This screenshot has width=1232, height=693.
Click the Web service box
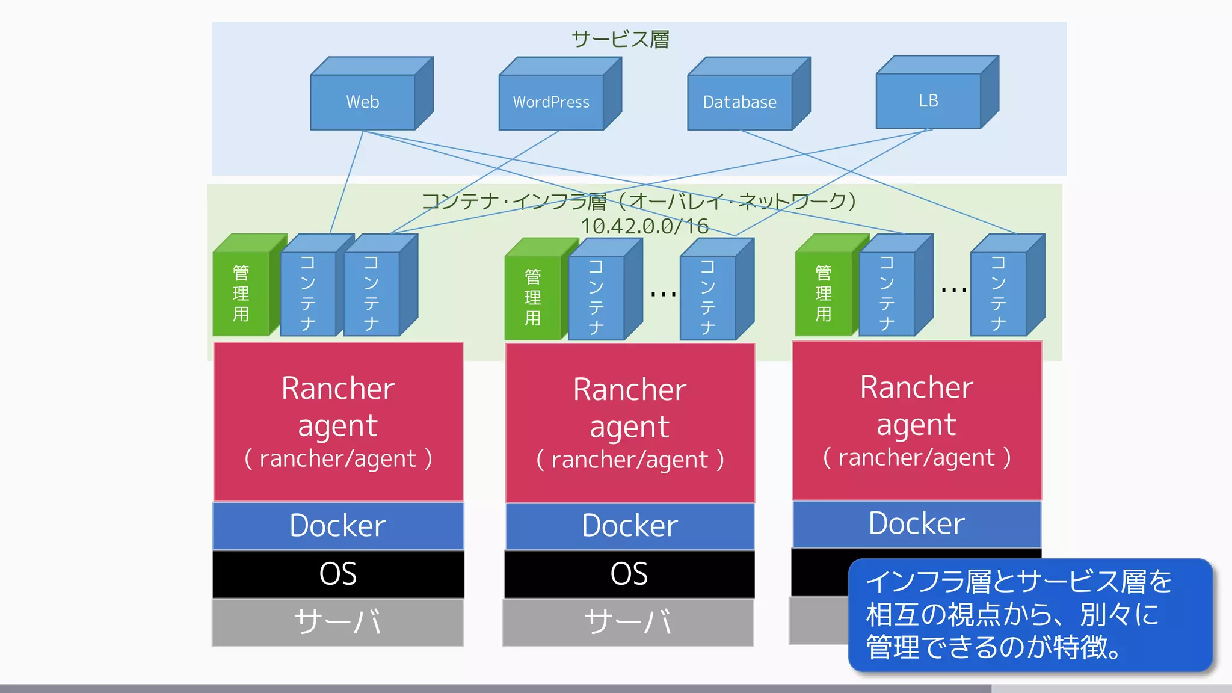click(363, 102)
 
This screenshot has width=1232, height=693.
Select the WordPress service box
click(551, 102)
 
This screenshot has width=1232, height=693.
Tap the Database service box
click(740, 102)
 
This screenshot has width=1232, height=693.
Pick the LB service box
click(928, 100)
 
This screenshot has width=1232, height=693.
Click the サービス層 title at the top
click(620, 39)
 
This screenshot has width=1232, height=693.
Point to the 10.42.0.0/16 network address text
click(644, 226)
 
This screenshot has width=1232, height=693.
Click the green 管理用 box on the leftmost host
click(241, 293)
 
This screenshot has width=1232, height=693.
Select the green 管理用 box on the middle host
click(533, 297)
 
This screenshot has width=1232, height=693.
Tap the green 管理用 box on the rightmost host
click(824, 293)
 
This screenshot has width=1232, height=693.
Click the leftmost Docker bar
click(338, 526)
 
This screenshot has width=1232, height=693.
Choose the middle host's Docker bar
click(630, 526)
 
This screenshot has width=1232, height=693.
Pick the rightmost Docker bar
click(917, 523)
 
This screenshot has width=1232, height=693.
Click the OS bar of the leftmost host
click(338, 574)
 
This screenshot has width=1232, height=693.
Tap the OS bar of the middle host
click(629, 574)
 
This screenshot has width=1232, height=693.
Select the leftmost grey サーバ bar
click(338, 622)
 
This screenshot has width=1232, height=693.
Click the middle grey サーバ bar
click(628, 622)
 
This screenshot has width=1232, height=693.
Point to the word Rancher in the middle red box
click(630, 389)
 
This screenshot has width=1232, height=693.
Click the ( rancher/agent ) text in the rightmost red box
click(917, 458)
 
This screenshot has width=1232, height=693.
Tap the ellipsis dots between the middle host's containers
click(664, 294)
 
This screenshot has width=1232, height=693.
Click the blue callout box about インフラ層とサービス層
click(1030, 615)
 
